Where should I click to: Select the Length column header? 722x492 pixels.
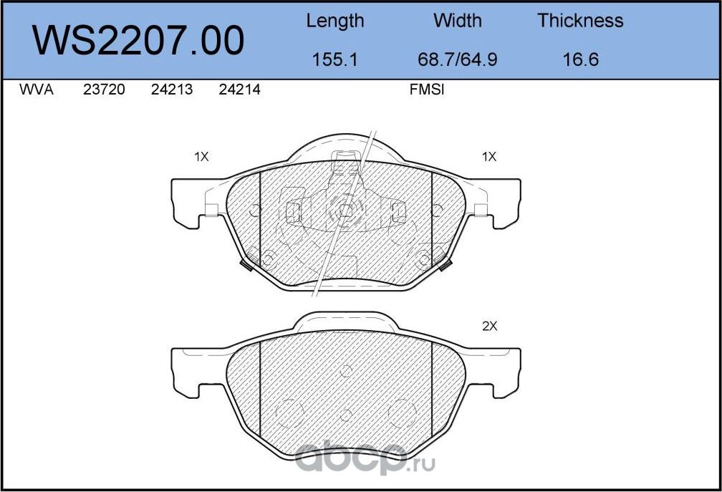coord(334,21)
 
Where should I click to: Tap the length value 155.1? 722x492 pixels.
coord(334,59)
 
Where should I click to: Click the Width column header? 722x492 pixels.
coord(457,21)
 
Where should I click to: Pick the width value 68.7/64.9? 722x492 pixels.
coord(457,59)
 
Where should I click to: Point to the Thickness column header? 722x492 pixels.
coord(580,21)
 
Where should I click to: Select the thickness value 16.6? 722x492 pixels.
coord(580,59)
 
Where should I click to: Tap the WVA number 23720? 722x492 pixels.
coord(105,91)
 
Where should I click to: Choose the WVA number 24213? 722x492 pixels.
coord(172,91)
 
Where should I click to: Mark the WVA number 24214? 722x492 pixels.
coord(239,91)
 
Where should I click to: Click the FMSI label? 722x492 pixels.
coord(427,91)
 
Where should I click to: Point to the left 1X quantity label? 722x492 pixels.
coord(201,157)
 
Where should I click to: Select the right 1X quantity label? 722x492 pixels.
coord(489,157)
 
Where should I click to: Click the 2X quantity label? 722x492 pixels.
coord(489,326)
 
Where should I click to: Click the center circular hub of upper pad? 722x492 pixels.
coord(345,210)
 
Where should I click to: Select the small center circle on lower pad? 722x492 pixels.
coord(345,370)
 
